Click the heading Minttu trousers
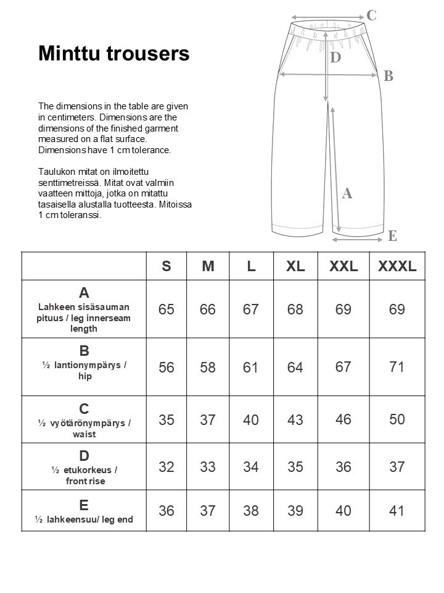point(113,54)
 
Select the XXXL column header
point(397,266)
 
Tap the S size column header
point(166,266)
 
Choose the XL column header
point(295,266)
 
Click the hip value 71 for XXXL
point(397,367)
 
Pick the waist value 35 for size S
point(166,420)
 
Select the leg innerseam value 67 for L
point(250,309)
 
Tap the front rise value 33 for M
point(208,467)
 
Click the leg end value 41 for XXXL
point(397,511)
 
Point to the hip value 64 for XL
point(295,368)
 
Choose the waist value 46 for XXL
point(343,420)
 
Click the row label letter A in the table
point(84,292)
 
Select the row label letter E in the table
point(84,505)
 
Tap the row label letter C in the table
point(84,408)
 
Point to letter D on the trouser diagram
point(335,58)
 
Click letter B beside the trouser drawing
point(388,76)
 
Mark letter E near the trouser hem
point(392,236)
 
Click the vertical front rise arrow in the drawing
point(325,68)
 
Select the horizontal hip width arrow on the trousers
point(328,75)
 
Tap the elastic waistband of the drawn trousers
point(326,31)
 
